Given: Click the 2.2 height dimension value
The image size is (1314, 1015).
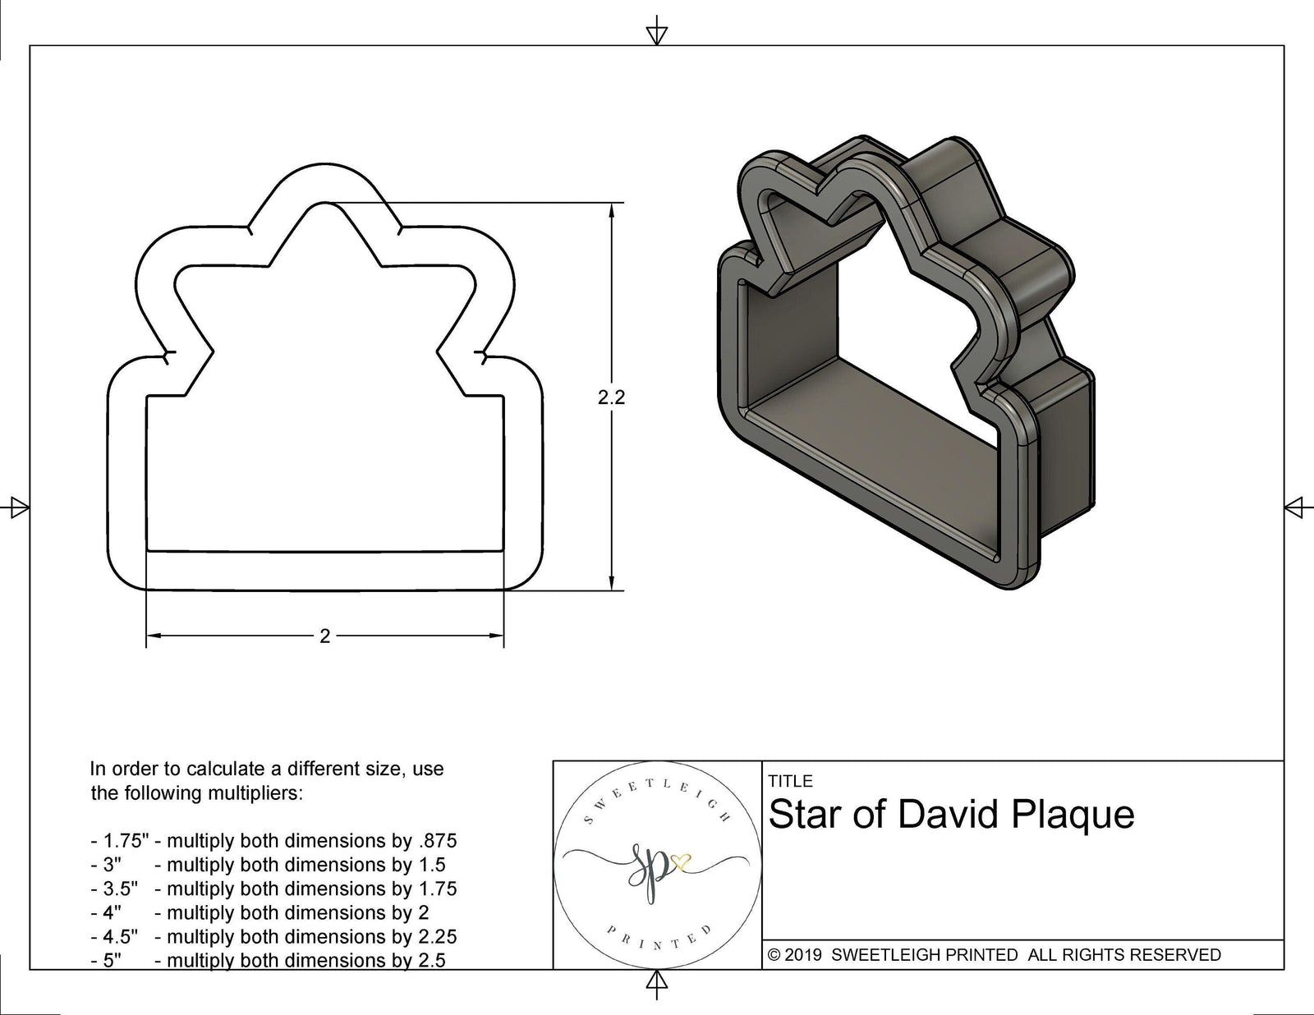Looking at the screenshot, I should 611,397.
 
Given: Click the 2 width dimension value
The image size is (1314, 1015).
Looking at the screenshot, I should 324,636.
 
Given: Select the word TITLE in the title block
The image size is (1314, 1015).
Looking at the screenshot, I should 790,781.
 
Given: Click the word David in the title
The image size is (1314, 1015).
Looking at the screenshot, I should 951,815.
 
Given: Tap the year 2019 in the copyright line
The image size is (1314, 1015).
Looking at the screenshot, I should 805,955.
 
